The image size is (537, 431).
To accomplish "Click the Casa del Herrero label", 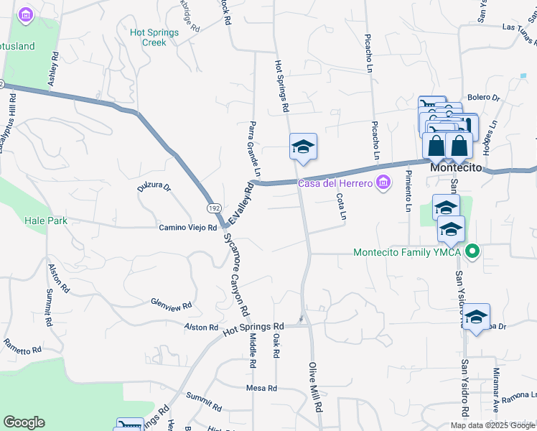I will (x=335, y=183).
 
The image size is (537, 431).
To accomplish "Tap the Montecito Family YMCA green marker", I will (x=472, y=252).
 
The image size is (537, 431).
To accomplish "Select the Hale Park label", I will (x=46, y=221).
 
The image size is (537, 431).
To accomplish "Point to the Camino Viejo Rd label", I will (x=187, y=228).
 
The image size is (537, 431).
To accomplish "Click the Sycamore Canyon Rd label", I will (x=235, y=276).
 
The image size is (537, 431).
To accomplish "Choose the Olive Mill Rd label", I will (x=315, y=387).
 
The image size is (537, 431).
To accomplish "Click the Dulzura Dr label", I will (x=154, y=188).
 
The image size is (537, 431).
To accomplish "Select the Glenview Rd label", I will (x=172, y=305).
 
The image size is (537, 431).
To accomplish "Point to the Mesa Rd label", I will (x=261, y=389).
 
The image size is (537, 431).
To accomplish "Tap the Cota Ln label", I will (x=342, y=206).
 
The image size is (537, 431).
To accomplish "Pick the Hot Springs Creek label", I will (x=148, y=37).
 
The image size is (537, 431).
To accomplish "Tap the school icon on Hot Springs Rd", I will (x=303, y=147).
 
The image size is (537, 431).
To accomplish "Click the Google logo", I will (x=24, y=422).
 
